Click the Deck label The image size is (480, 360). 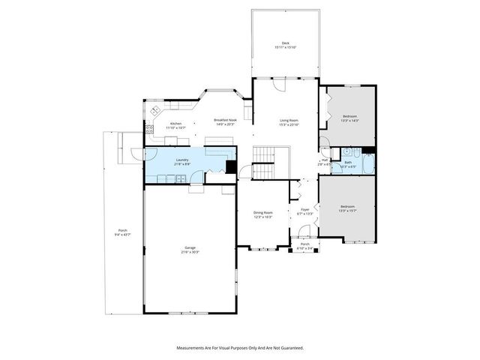point(285,43)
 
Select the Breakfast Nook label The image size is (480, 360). point(225,120)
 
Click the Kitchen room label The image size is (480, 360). point(175,124)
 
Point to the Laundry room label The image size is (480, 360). point(182,160)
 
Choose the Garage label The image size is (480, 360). point(190,248)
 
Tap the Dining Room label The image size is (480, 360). point(262,212)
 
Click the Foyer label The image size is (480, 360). point(305,209)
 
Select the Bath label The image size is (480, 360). point(348,162)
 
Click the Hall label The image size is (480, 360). point(325,160)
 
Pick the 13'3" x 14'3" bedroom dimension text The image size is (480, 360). point(350,120)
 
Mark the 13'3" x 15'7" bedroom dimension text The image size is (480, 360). point(346,210)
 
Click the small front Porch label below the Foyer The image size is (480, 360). point(304,244)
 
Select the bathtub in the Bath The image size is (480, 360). point(367,163)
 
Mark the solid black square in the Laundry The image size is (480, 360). point(231,167)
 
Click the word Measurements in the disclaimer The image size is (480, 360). point(192,348)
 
